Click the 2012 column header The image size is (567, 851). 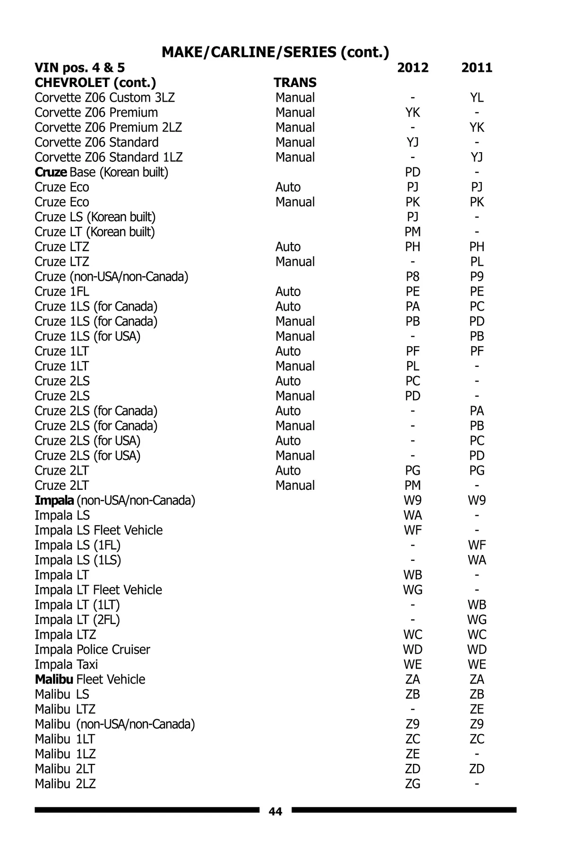click(412, 68)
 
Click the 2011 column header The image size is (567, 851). click(477, 68)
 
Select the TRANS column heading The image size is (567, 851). click(295, 83)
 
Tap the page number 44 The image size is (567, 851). click(275, 812)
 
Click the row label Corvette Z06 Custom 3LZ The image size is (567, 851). click(104, 98)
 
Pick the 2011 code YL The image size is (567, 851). click(477, 98)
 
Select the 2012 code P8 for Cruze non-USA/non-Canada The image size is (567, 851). click(412, 277)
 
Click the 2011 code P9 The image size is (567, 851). click(477, 277)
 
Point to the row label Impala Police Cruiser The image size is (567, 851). click(92, 650)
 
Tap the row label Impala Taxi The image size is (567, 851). click(66, 664)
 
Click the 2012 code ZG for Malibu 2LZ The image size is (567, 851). click(412, 784)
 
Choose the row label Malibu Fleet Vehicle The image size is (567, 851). click(90, 679)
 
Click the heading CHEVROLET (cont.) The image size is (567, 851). click(95, 83)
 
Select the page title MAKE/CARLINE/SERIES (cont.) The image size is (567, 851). click(275, 52)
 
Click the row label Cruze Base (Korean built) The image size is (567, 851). click(101, 172)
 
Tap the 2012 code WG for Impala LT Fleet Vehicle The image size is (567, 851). click(412, 590)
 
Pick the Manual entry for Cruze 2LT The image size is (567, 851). click(295, 486)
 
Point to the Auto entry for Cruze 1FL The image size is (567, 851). click(288, 292)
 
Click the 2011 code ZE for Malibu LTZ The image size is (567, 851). click(477, 709)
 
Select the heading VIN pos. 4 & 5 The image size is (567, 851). click(79, 68)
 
